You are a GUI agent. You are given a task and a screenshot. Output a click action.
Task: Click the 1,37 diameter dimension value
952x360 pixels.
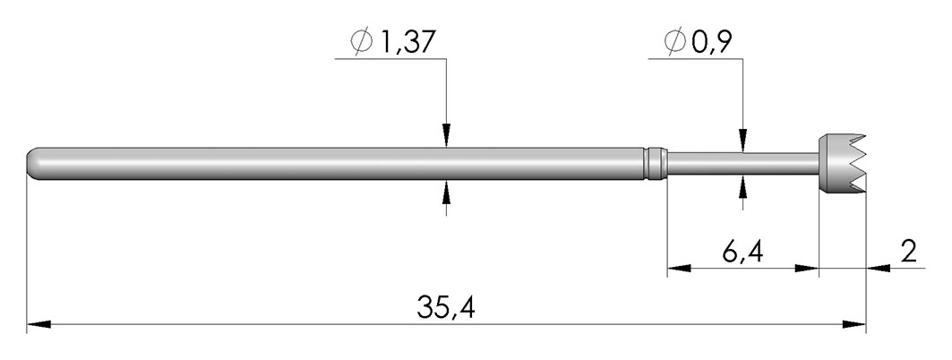[407, 42]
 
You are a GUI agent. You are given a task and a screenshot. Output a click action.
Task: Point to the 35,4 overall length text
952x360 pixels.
[446, 307]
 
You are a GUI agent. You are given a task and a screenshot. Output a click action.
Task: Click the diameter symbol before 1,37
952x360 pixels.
[361, 42]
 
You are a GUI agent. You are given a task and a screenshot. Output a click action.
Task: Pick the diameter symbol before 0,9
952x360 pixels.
[675, 42]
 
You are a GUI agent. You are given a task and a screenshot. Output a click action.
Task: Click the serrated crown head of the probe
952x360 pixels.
[842, 163]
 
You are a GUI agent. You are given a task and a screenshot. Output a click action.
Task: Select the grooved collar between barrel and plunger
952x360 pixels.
[656, 163]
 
